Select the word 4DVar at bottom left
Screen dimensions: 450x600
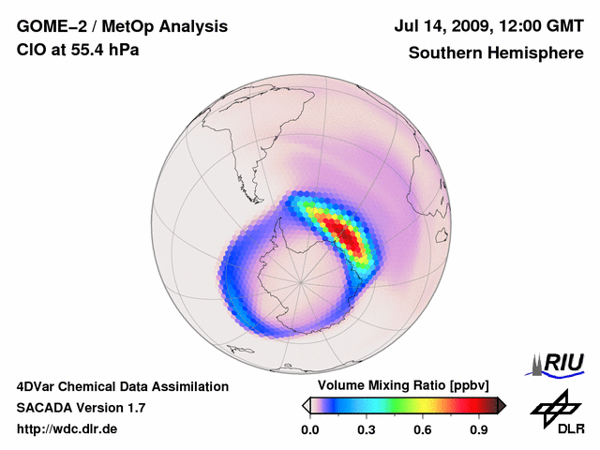[37, 386]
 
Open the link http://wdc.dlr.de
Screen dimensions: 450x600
[67, 429]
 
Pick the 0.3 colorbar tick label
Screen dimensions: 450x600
[367, 429]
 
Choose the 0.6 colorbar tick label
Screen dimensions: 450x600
[424, 429]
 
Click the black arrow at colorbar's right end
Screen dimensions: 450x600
[502, 405]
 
